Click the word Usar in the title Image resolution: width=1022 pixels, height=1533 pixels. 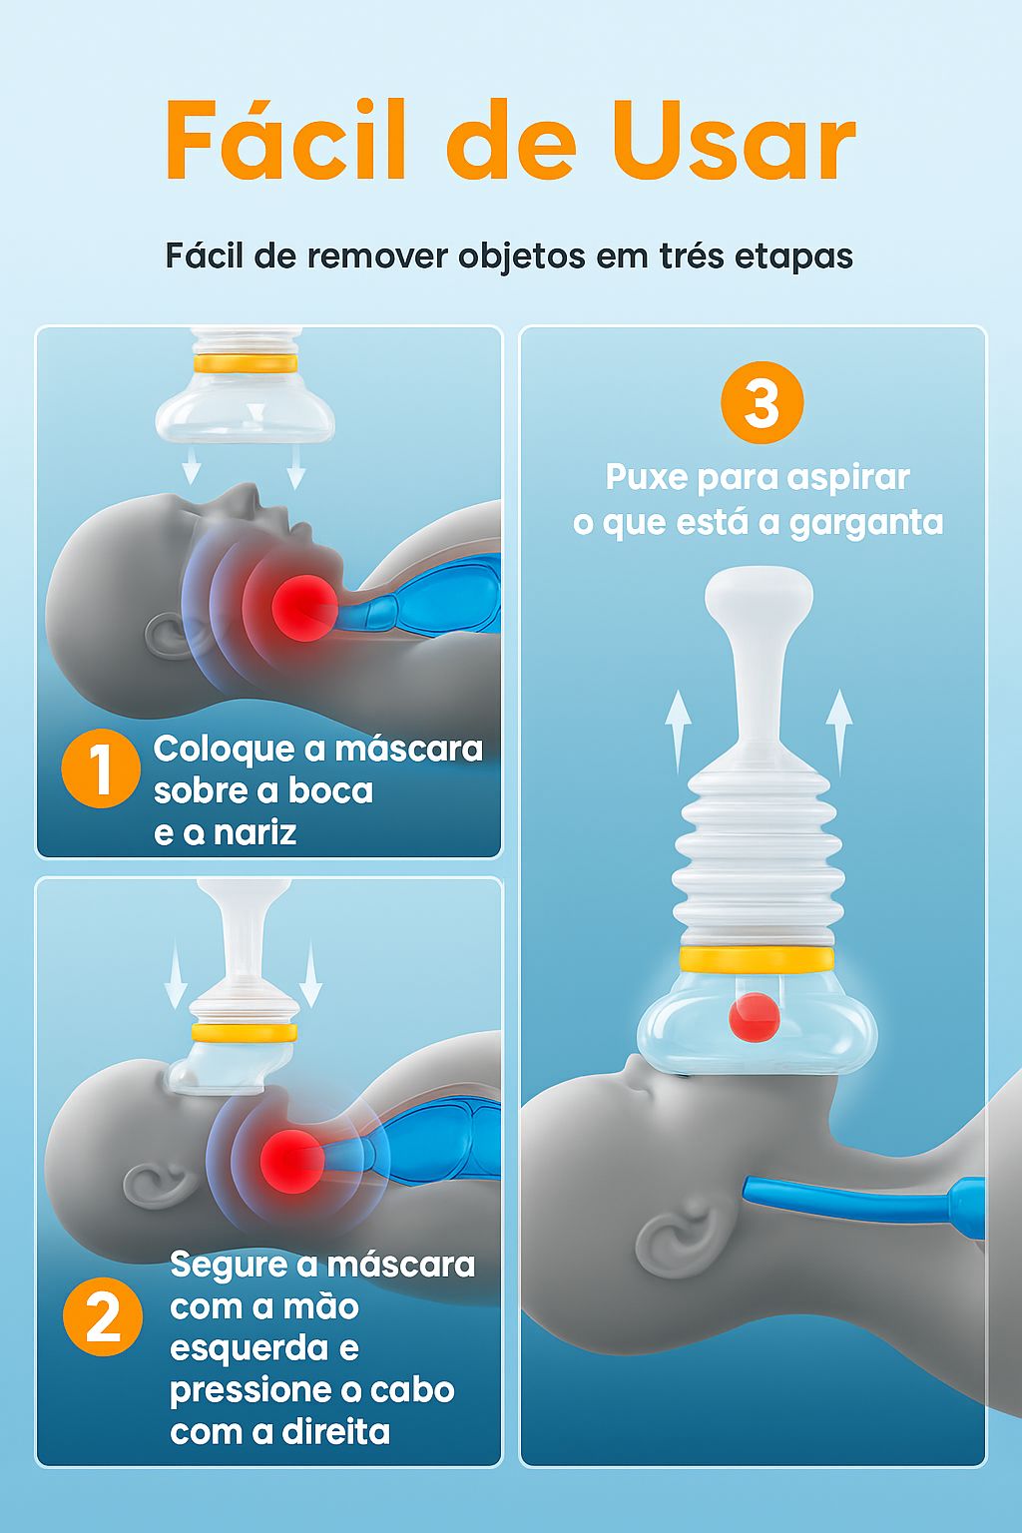(x=734, y=142)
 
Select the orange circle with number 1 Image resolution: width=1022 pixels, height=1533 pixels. (x=100, y=768)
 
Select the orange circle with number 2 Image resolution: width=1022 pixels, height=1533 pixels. (x=102, y=1317)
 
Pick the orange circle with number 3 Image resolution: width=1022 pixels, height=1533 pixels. (x=762, y=402)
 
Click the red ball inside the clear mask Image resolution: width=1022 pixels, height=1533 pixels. (x=754, y=1017)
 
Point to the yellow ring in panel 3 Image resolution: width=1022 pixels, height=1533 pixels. (x=757, y=960)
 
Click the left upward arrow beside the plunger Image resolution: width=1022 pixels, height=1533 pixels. (x=679, y=729)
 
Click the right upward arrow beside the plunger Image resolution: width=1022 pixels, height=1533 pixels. (x=839, y=729)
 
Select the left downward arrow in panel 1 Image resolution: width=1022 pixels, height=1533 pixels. (x=191, y=466)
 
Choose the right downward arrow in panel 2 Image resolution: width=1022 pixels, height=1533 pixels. (x=310, y=973)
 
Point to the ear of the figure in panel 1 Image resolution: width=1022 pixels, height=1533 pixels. (x=168, y=634)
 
